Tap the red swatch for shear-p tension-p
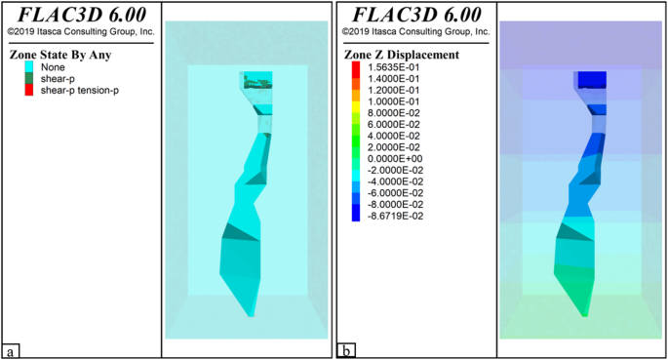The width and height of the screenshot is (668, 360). pos(28,90)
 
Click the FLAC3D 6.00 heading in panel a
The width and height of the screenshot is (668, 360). pos(80,16)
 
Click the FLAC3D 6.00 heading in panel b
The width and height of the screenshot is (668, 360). pos(414,16)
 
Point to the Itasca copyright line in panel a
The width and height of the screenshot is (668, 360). pos(80,31)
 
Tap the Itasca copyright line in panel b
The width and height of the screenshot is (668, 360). pos(414,31)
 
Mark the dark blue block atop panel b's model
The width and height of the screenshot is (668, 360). pos(591,79)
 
